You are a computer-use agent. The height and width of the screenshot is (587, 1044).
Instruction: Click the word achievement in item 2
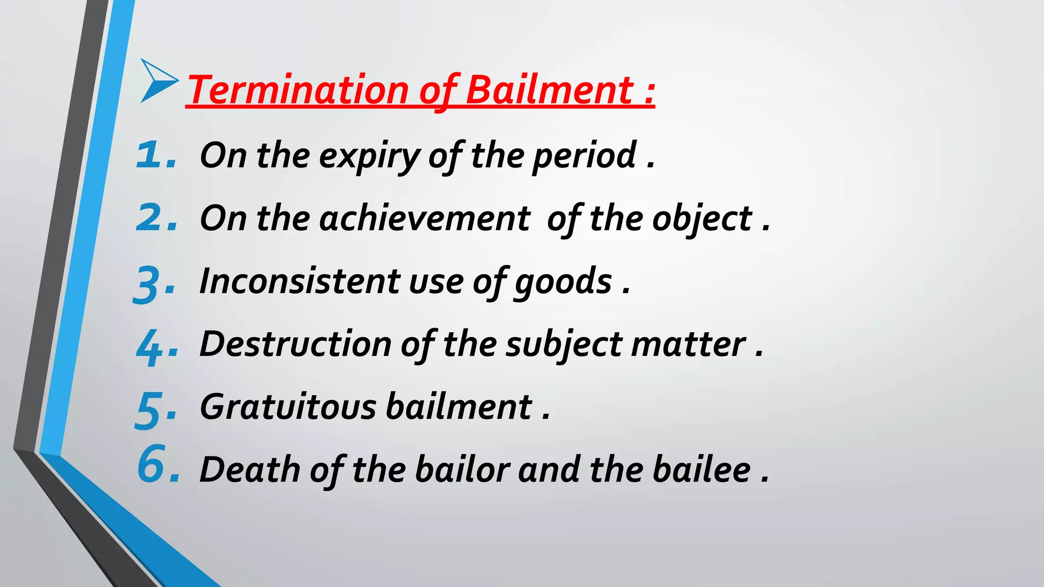coord(425,219)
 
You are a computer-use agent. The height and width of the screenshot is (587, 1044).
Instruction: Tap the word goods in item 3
coord(563,282)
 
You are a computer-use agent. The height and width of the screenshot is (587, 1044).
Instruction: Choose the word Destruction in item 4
coord(295,344)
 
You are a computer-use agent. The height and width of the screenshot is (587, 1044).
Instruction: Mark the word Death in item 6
coord(250,470)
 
